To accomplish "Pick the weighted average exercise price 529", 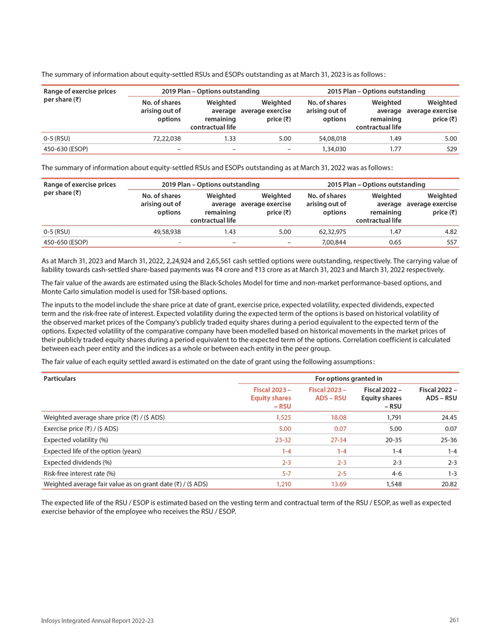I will click(x=451, y=150).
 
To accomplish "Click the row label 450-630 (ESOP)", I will click(x=65, y=150).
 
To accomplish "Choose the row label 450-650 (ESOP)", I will click(x=65, y=241).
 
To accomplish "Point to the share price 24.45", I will click(x=448, y=417).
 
